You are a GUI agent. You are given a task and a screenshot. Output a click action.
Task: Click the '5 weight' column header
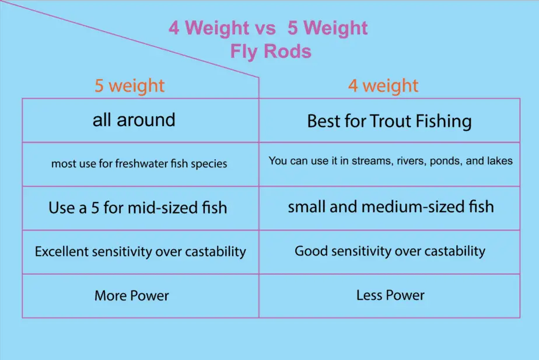129,86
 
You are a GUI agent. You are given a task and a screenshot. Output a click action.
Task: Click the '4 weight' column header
383,86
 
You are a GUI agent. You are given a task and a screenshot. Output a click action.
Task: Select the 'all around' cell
134,120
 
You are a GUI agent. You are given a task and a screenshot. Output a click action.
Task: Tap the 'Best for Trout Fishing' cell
389,121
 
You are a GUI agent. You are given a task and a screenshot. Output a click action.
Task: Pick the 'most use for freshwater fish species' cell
139,164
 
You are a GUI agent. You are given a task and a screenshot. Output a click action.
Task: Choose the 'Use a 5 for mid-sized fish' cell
138,208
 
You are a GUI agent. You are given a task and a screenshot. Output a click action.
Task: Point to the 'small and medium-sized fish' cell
390,207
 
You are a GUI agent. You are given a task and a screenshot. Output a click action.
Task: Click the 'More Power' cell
131,296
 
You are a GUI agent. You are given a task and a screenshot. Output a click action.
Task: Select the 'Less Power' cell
390,295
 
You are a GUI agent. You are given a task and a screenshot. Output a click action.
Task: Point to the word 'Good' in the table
310,251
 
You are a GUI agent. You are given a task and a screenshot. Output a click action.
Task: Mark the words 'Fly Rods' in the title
271,51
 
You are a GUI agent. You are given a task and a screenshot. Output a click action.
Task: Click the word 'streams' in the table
370,161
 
